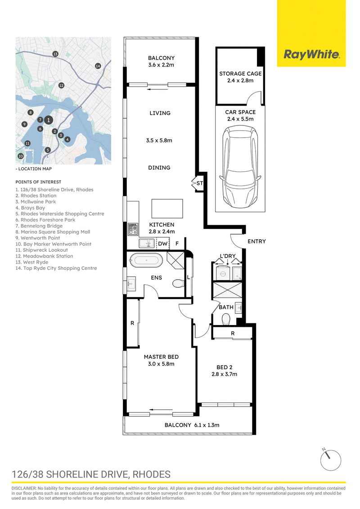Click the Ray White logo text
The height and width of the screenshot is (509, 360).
pyautogui.click(x=311, y=54)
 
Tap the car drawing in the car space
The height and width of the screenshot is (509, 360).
pyautogui.click(x=240, y=168)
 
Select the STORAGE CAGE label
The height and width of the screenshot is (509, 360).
pyautogui.click(x=240, y=74)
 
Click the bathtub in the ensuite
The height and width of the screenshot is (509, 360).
pyautogui.click(x=146, y=260)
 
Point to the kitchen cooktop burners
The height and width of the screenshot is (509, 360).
pyautogui.click(x=133, y=228)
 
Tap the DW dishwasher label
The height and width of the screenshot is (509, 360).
pyautogui.click(x=163, y=243)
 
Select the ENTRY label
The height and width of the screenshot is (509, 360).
pyautogui.click(x=256, y=241)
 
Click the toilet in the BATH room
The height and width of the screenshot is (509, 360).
pyautogui.click(x=225, y=320)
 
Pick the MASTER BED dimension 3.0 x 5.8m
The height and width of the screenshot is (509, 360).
pyautogui.click(x=161, y=364)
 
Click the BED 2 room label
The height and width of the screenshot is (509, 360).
pyautogui.click(x=225, y=367)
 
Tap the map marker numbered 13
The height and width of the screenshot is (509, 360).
pyautogui.click(x=55, y=54)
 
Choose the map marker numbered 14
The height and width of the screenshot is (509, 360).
pyautogui.click(x=98, y=66)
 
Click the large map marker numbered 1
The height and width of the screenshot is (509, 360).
pyautogui.click(x=49, y=120)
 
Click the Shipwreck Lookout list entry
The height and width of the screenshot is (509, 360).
pyautogui.click(x=42, y=250)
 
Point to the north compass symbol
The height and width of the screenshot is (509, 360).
pyautogui.click(x=330, y=460)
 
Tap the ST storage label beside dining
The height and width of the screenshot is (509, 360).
pyautogui.click(x=199, y=183)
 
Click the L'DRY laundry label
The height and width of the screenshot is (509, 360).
pyautogui.click(x=227, y=256)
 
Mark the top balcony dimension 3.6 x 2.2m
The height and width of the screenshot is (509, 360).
pyautogui.click(x=161, y=65)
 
